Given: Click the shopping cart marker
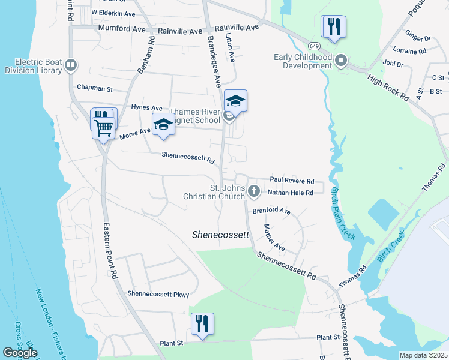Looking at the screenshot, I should (103, 127).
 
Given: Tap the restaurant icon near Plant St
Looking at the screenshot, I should (202, 324).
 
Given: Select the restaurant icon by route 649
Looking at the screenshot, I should (331, 27).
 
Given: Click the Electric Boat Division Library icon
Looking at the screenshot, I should (71, 64).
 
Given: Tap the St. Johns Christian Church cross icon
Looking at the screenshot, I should (254, 192).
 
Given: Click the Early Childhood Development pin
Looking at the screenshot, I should (342, 60).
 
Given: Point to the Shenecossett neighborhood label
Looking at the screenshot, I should (220, 235).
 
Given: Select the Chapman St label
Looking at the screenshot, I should (94, 88).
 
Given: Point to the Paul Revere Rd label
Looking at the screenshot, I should (292, 180).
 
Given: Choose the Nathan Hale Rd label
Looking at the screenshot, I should (291, 193).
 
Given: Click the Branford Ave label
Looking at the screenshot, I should (271, 211).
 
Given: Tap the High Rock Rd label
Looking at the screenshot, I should (388, 88).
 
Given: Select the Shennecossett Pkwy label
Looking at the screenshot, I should (158, 294).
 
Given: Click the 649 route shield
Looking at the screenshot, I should (314, 46).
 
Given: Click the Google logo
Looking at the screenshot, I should (20, 353).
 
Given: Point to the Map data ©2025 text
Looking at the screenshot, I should (423, 355).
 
